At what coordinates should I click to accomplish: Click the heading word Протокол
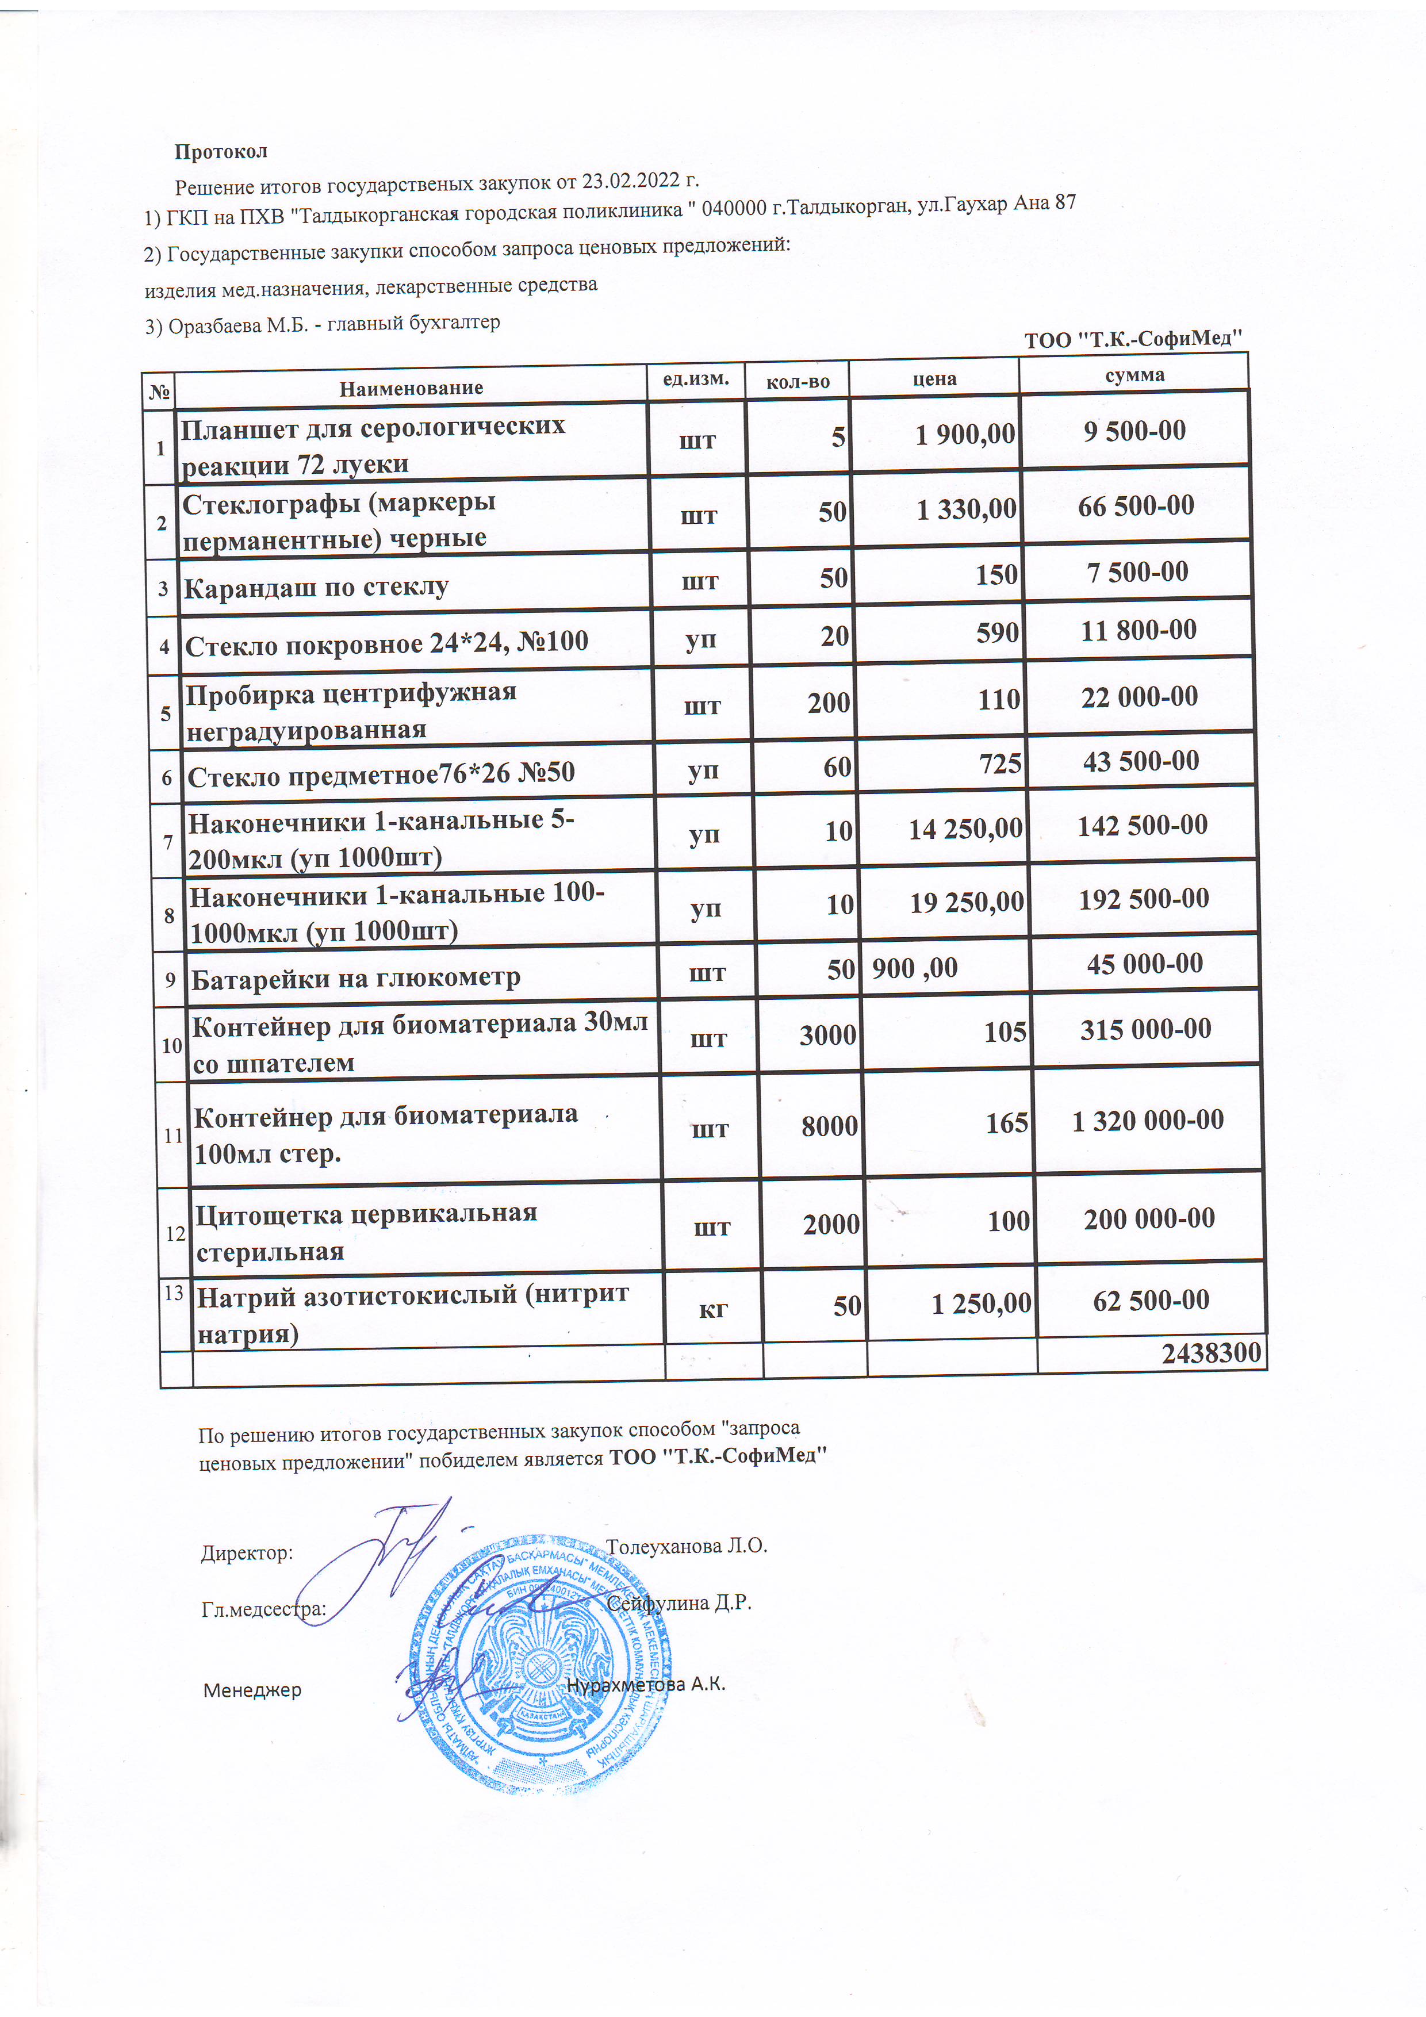click(x=221, y=152)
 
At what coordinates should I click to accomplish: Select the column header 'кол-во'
click(x=798, y=381)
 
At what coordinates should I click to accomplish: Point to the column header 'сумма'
click(x=1135, y=375)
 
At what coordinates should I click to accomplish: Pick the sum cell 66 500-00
click(x=1136, y=506)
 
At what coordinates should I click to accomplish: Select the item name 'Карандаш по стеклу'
click(x=316, y=588)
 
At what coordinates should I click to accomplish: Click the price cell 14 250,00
click(x=965, y=829)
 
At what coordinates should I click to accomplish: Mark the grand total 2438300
click(x=1212, y=1353)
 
